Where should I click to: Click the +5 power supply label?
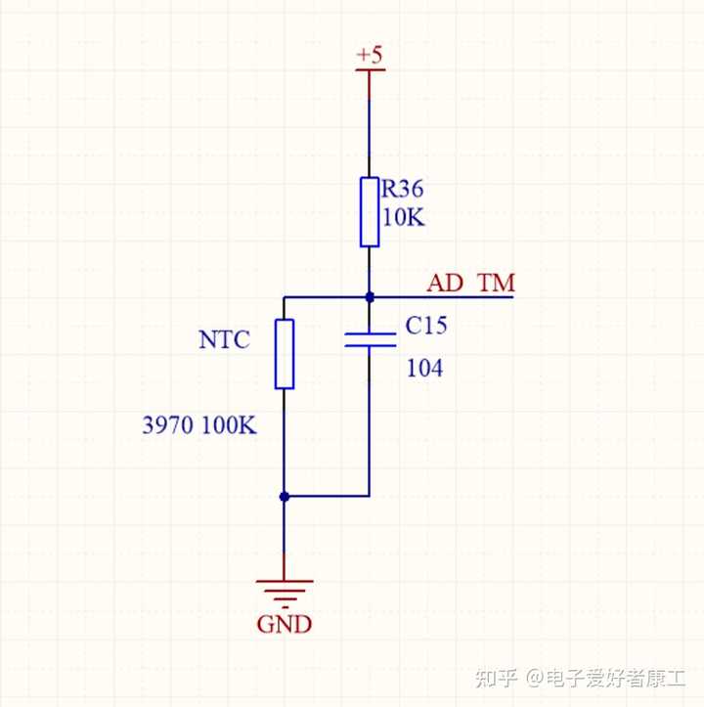[x=370, y=55]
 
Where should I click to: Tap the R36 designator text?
[x=402, y=189]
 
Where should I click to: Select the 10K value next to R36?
[x=403, y=217]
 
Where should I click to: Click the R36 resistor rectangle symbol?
[x=370, y=212]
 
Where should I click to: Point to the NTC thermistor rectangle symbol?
[x=285, y=354]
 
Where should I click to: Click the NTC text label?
[x=224, y=339]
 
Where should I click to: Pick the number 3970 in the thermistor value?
[x=168, y=425]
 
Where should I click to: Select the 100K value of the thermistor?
[x=229, y=425]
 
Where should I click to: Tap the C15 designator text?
[x=426, y=325]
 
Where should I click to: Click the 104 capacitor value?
[x=424, y=368]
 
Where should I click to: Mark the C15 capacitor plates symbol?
[x=370, y=340]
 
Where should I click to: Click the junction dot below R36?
[x=370, y=297]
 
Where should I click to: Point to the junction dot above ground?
[x=285, y=497]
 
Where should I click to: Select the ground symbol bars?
[x=285, y=594]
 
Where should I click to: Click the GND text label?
[x=285, y=625]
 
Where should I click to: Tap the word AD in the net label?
[x=445, y=284]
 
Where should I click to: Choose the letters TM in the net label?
[x=497, y=284]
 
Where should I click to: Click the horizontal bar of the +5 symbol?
[x=371, y=69]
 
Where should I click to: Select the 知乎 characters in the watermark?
[x=496, y=678]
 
